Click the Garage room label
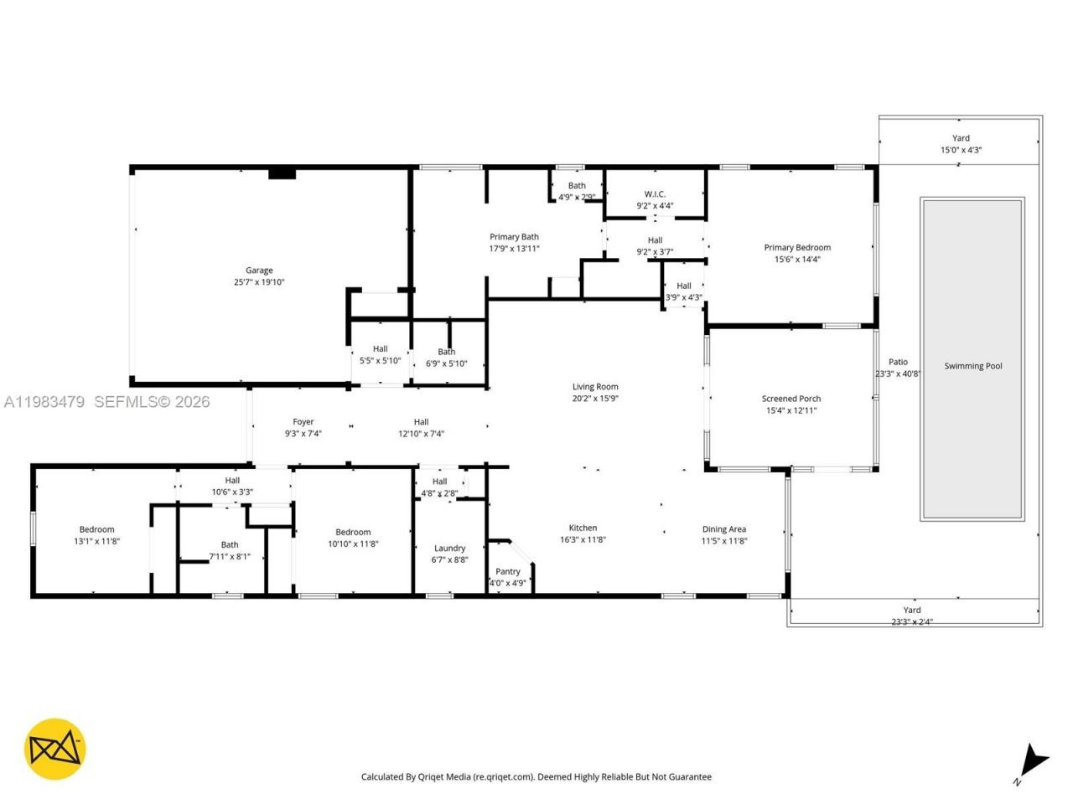(259, 271)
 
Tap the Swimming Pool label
(973, 366)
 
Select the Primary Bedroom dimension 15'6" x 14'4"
(797, 260)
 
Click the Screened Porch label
(791, 399)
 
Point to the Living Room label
(595, 387)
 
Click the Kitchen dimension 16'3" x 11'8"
(583, 540)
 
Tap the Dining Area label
(724, 529)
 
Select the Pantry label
(508, 572)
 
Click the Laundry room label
(450, 549)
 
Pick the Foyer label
(303, 422)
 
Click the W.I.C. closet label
(655, 194)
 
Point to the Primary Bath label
(514, 237)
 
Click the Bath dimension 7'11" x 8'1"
(230, 557)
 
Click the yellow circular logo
(54, 749)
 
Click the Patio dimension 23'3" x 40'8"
(898, 374)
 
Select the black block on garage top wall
(283, 173)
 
